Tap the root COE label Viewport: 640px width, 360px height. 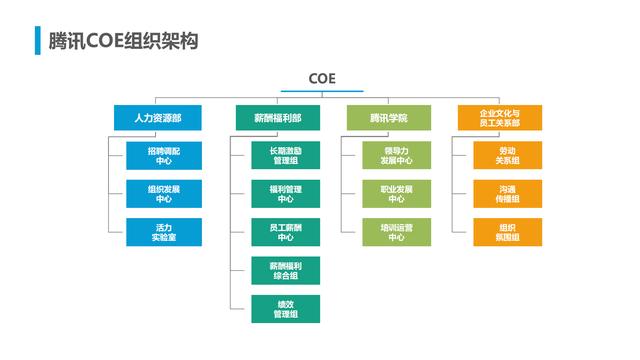coord(322,78)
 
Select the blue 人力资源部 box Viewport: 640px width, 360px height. coord(158,118)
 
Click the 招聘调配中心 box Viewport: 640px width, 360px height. coord(164,154)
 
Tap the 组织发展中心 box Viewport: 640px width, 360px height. coord(164,193)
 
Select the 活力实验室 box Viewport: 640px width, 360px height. coord(164,232)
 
